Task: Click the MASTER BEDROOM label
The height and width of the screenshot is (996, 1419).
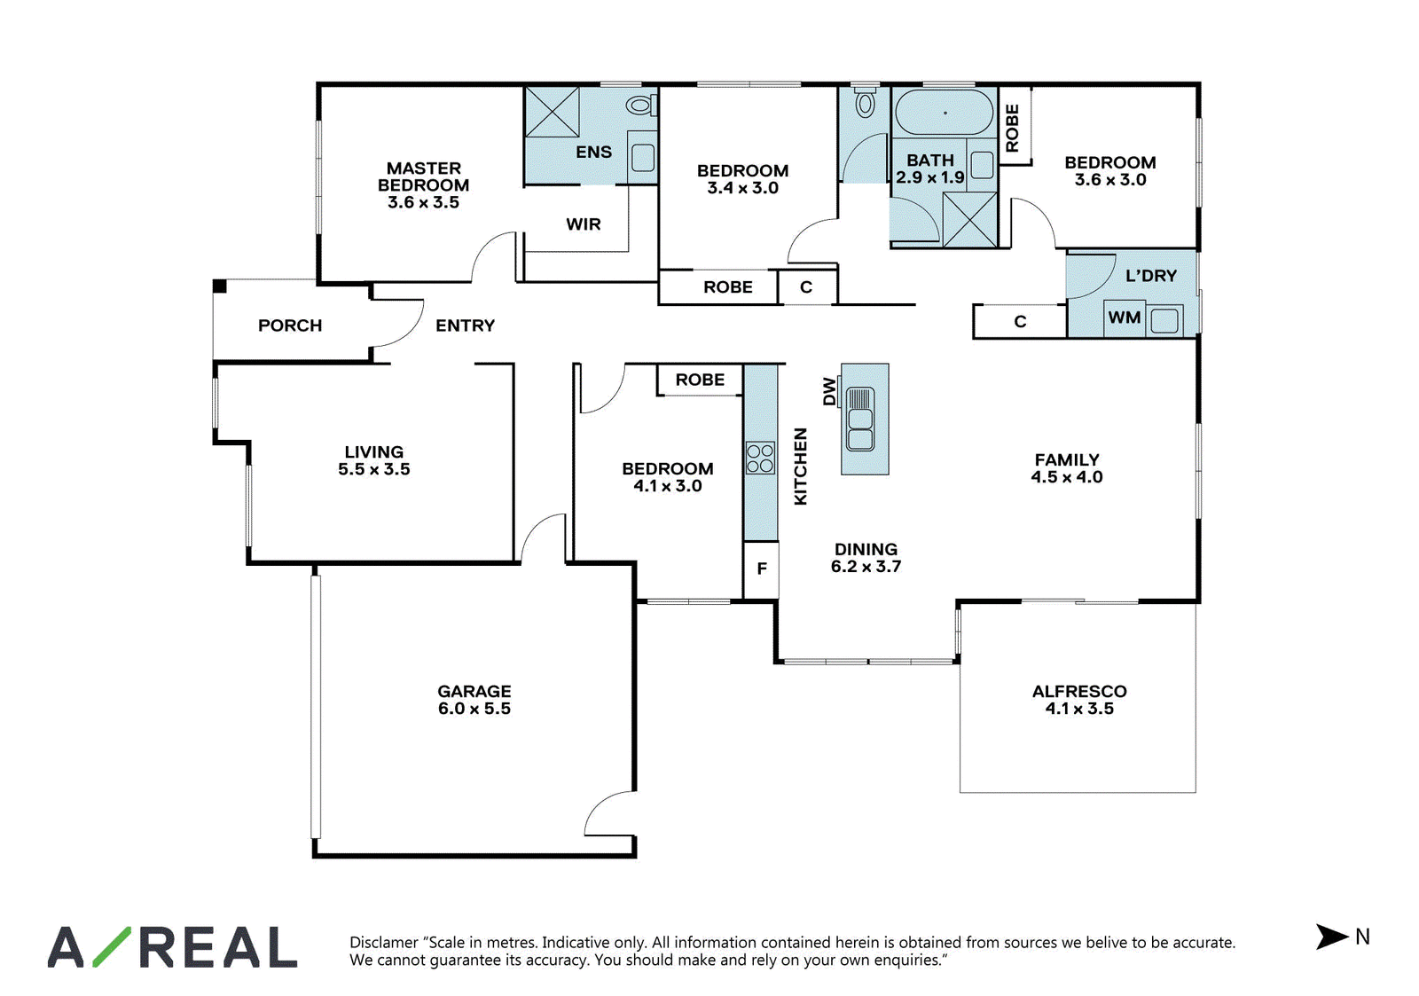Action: (x=423, y=185)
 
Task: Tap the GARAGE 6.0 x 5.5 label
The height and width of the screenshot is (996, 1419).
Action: (x=474, y=700)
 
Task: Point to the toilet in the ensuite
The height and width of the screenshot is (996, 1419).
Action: (x=642, y=106)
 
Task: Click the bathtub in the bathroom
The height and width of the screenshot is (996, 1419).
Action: (x=944, y=113)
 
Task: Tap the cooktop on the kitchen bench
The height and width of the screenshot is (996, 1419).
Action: (x=760, y=458)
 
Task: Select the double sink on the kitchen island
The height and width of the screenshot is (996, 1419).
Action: (x=859, y=420)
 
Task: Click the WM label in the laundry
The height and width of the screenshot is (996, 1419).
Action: (x=1124, y=318)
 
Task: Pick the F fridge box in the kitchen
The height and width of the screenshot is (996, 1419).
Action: (x=761, y=569)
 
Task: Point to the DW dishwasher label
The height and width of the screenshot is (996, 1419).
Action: (x=829, y=391)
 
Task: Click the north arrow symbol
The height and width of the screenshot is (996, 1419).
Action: (x=1331, y=937)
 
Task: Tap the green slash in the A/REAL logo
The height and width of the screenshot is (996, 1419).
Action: (x=112, y=946)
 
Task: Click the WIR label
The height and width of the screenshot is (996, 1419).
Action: (x=583, y=224)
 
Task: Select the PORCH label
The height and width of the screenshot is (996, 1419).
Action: (x=290, y=325)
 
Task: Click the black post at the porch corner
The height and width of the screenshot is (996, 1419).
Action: (x=219, y=286)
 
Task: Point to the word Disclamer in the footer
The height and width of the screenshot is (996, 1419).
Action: (x=384, y=943)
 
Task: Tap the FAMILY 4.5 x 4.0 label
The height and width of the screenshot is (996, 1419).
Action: (x=1067, y=468)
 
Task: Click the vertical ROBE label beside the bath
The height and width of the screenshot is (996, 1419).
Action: (x=1012, y=128)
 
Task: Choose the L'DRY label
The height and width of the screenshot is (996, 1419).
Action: (x=1151, y=276)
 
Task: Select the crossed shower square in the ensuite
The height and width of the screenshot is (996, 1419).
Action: (x=553, y=112)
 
